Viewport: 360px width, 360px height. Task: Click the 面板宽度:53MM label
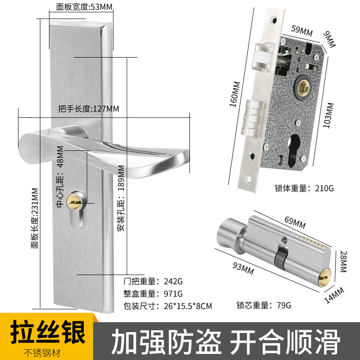[x=85, y=7]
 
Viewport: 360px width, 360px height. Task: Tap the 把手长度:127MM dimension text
[x=89, y=108]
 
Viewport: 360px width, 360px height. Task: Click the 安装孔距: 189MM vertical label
[x=120, y=198]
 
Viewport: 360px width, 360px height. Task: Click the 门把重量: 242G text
[x=153, y=282]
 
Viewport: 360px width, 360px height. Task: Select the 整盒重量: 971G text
[x=153, y=294]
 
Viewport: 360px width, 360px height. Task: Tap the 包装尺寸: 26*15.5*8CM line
[x=167, y=306]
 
